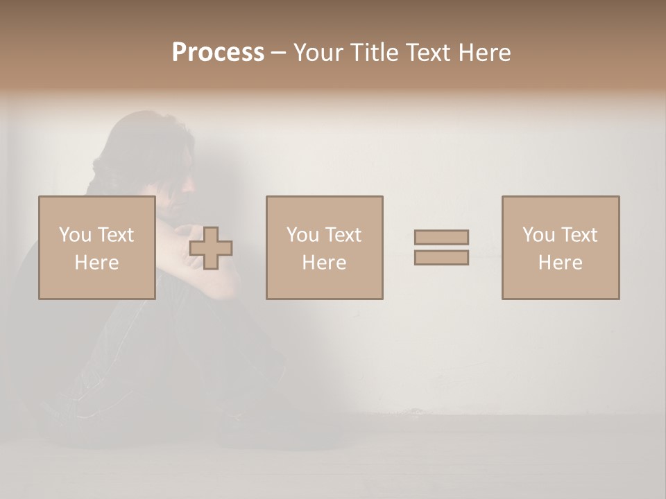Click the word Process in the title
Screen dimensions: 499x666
[x=218, y=53]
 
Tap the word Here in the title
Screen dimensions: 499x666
[x=484, y=53]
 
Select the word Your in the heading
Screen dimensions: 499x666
[x=320, y=53]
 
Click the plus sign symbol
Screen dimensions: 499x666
[x=211, y=247]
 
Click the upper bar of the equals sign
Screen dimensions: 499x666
[x=441, y=237]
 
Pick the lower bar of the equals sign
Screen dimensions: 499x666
[x=441, y=257]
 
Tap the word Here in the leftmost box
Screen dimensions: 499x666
[x=97, y=263]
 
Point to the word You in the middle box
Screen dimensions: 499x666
[x=302, y=235]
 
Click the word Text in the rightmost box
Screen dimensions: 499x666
[x=579, y=235]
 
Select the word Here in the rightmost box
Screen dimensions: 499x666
[x=561, y=263]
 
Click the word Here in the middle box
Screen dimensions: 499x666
[x=324, y=263]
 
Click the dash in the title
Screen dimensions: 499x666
[x=278, y=53]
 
